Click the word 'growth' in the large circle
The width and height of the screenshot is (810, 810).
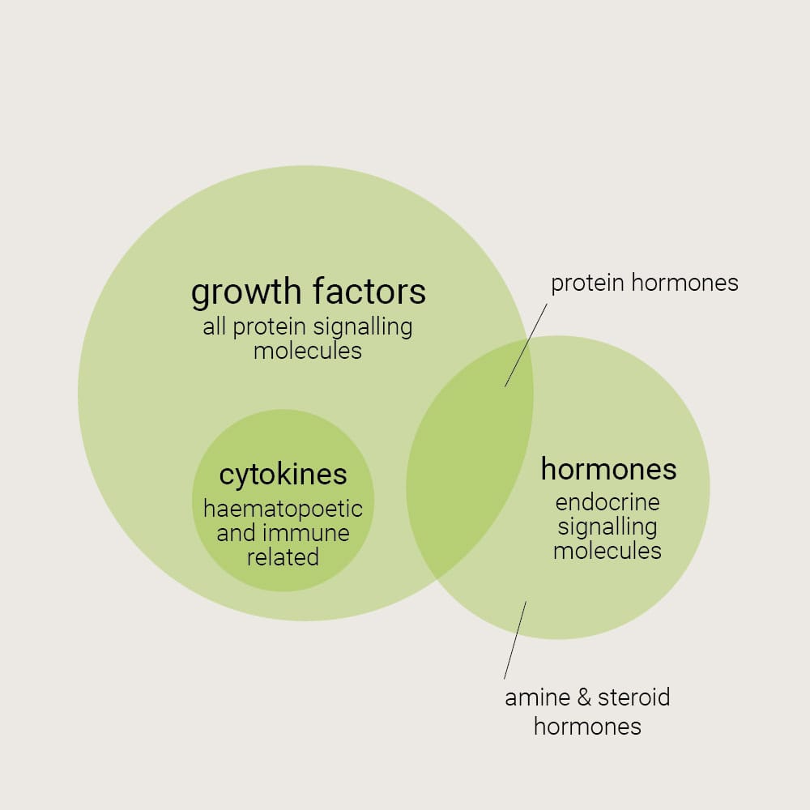pos(246,292)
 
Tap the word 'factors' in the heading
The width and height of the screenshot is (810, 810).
pos(369,291)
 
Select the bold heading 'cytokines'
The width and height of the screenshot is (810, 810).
pos(283,475)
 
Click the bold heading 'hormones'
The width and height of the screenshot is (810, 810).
pos(608,469)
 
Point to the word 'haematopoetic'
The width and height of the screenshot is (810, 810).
pos(283,509)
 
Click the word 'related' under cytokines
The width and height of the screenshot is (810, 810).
pos(283,557)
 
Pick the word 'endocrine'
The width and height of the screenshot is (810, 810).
pos(607,502)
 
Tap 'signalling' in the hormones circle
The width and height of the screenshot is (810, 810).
pos(607,527)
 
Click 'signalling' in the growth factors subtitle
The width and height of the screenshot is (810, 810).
pos(363,327)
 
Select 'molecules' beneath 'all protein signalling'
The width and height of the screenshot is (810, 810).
pos(308,351)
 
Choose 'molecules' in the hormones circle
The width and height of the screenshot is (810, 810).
pos(607,551)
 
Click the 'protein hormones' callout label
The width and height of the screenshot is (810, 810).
pos(645,283)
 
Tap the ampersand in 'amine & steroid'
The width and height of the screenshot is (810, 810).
pos(584,697)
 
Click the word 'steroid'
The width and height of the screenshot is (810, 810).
pos(634,697)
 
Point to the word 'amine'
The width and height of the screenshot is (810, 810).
pos(538,698)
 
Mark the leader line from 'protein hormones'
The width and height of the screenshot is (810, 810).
pos(526,345)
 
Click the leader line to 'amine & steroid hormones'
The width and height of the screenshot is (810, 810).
pos(515,640)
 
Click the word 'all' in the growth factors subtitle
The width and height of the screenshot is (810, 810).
pos(215,326)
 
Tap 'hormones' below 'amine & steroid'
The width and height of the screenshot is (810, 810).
pos(587,727)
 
